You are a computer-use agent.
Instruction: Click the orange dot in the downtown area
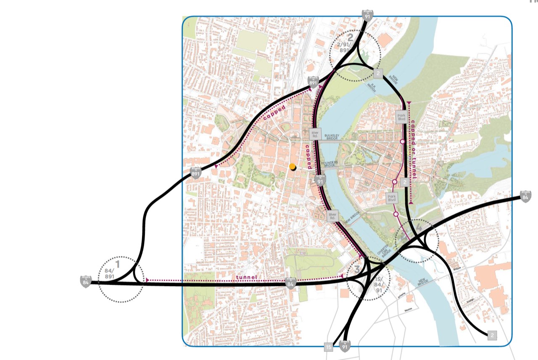pos(293,167)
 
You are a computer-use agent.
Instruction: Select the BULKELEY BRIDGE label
pos(335,137)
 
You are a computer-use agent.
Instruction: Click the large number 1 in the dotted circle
pos(118,265)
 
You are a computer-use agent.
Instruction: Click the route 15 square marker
pos(328,347)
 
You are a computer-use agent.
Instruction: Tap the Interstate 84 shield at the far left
pos(86,281)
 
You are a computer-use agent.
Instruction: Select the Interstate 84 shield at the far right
pos(525,196)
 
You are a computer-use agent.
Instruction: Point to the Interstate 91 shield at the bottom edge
pos(345,347)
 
